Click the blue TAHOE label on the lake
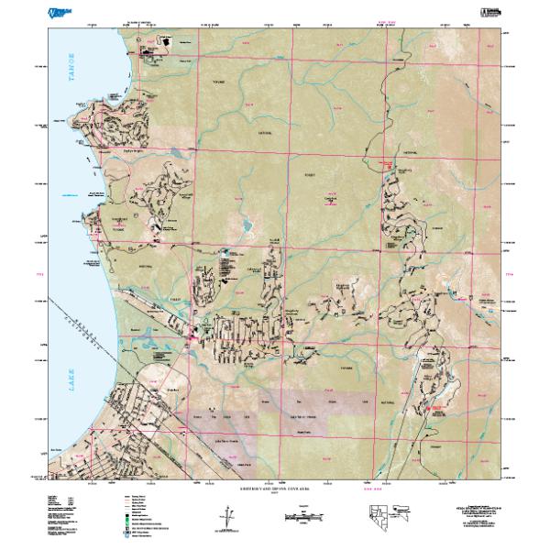(x=67, y=69)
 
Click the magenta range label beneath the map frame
(x=374, y=487)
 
